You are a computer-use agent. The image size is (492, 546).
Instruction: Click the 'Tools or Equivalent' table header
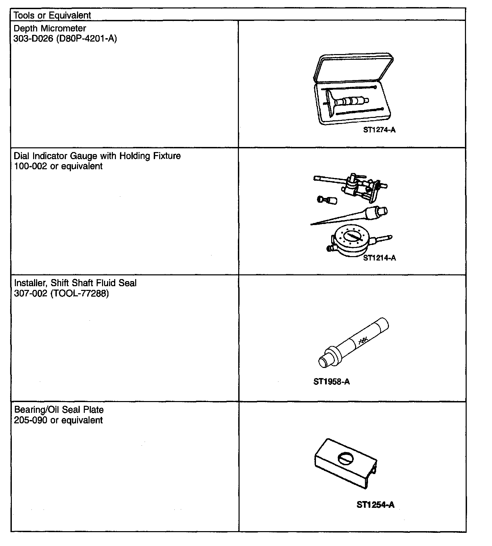pyautogui.click(x=52, y=15)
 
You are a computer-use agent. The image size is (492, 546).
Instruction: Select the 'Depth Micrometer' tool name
pyautogui.click(x=50, y=28)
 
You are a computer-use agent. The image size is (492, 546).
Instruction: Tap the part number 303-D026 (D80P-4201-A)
pyautogui.click(x=65, y=39)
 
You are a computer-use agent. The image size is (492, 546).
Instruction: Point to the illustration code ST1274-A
pyautogui.click(x=379, y=130)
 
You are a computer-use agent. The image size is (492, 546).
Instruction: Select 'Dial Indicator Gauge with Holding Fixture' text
pyautogui.click(x=97, y=156)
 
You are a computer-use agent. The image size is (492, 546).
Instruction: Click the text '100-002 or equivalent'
pyautogui.click(x=58, y=167)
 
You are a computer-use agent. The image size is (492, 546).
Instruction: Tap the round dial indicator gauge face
pyautogui.click(x=351, y=237)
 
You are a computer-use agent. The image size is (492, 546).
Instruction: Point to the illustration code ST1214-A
pyautogui.click(x=379, y=258)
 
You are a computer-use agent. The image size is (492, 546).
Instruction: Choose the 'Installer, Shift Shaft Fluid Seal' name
pyautogui.click(x=75, y=283)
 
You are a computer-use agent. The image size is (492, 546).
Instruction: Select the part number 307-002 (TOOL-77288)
pyautogui.click(x=62, y=293)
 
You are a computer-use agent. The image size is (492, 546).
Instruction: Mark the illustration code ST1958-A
pyautogui.click(x=331, y=382)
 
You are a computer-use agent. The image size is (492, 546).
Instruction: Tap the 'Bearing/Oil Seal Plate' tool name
pyautogui.click(x=59, y=410)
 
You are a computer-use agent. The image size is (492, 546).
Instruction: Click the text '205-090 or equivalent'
pyautogui.click(x=58, y=420)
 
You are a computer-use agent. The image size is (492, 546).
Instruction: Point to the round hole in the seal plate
pyautogui.click(x=346, y=459)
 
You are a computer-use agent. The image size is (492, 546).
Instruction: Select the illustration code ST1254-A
pyautogui.click(x=375, y=505)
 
